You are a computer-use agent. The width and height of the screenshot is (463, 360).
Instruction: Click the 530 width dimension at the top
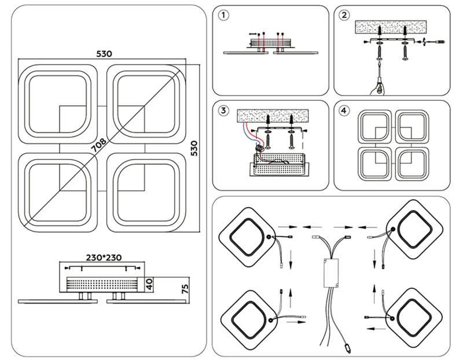click(104, 53)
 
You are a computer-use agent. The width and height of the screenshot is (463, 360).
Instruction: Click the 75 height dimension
click(185, 289)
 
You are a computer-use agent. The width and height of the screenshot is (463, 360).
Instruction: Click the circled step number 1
click(225, 16)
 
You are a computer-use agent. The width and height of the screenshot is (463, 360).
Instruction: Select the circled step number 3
click(225, 110)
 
